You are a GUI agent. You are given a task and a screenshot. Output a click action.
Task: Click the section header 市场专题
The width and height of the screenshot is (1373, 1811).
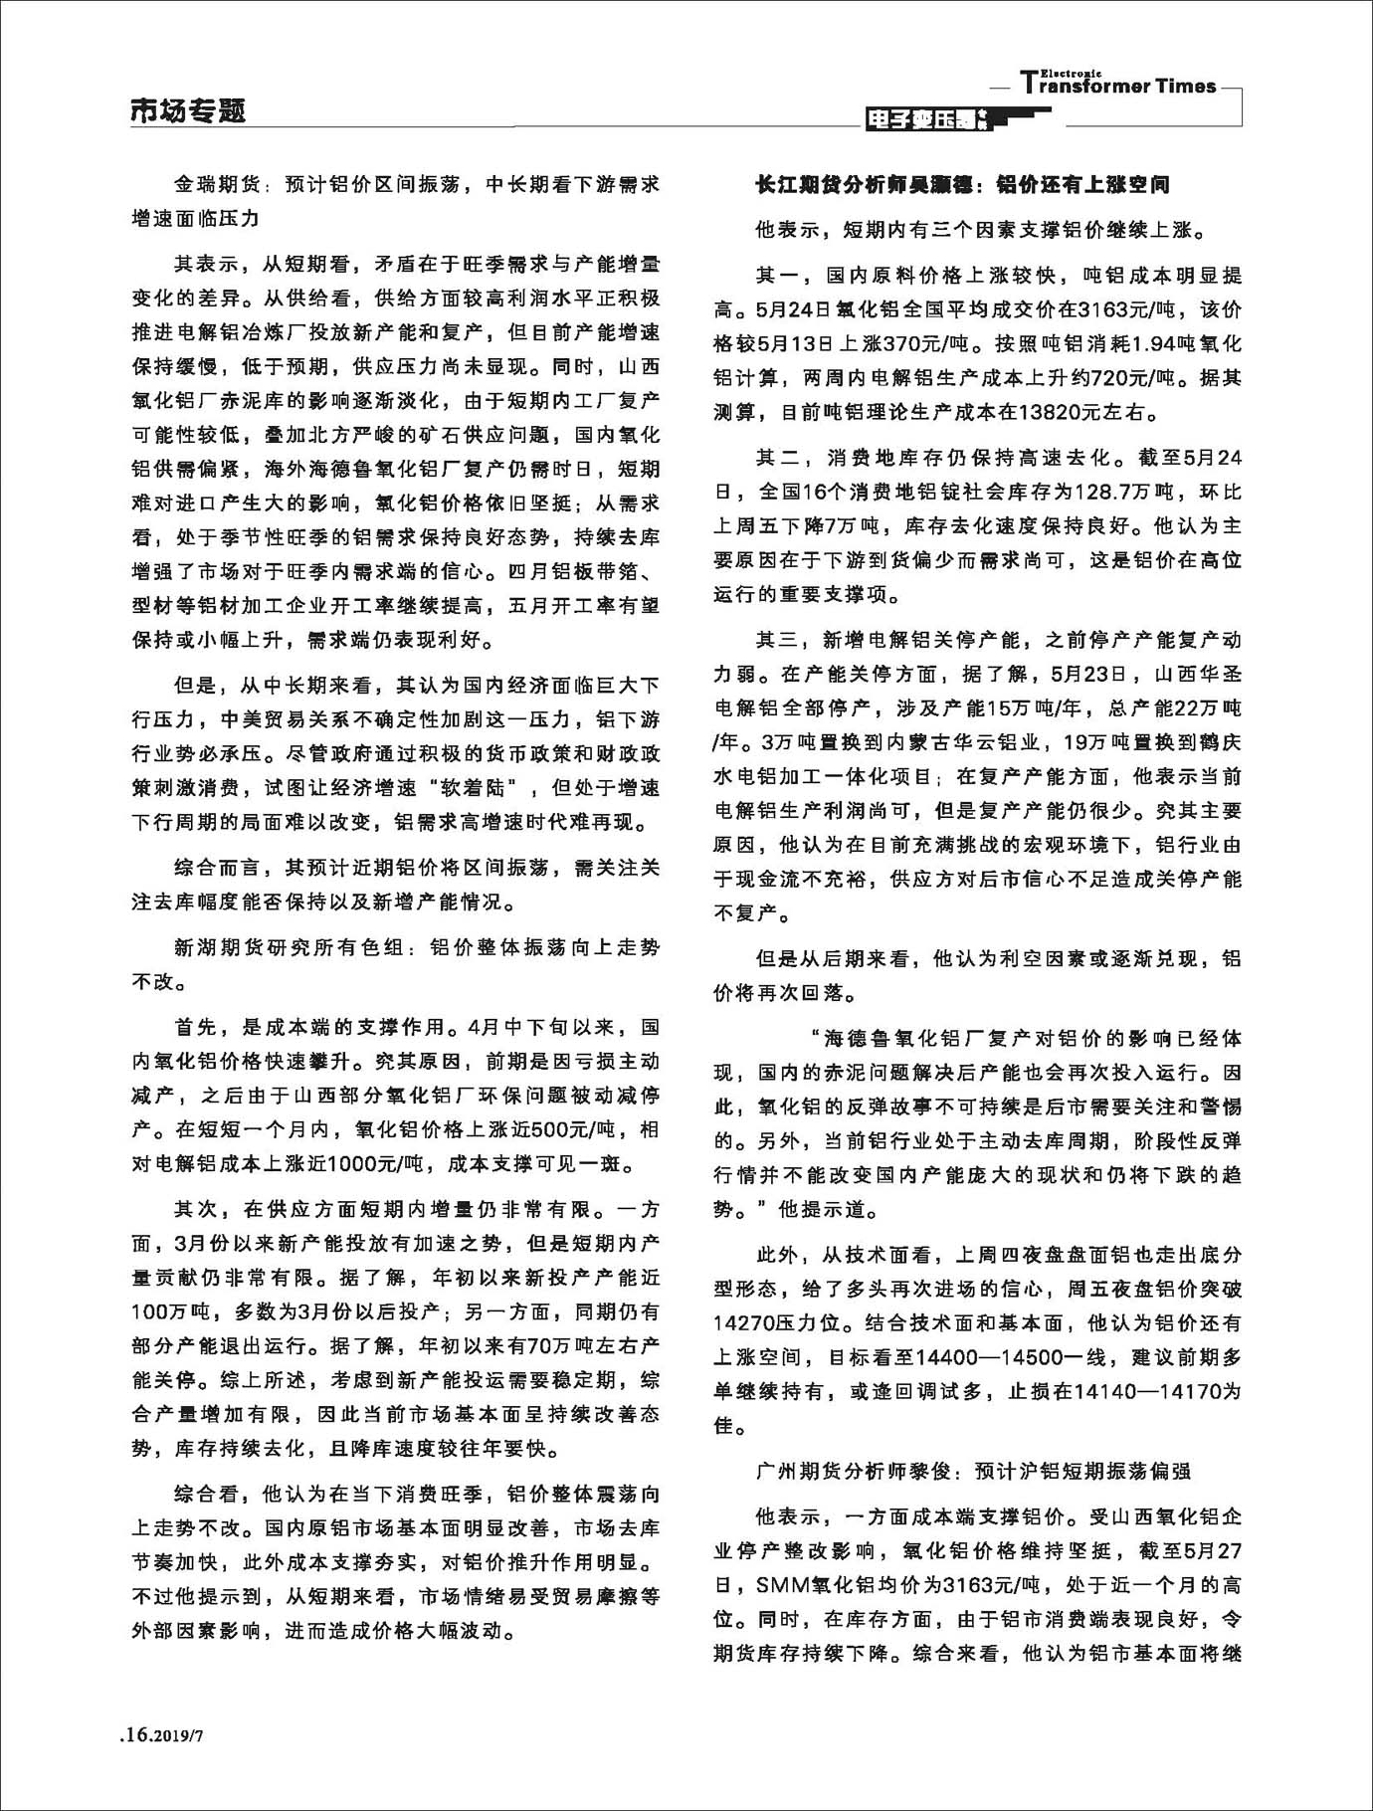tap(188, 111)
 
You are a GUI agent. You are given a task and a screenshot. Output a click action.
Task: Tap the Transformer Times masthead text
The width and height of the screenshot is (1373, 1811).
tap(1118, 85)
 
